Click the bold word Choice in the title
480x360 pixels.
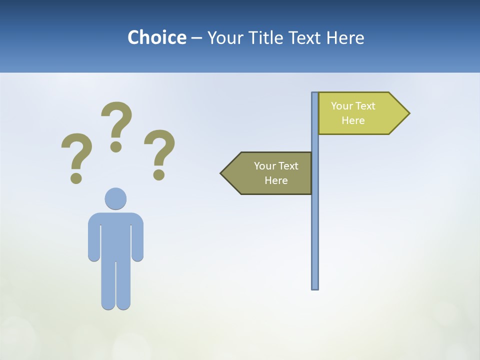[x=156, y=37]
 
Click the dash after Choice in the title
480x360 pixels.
[x=196, y=38]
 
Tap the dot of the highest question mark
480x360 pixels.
[x=116, y=146]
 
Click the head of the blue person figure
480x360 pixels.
[x=115, y=198]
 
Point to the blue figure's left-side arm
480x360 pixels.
[x=94, y=240]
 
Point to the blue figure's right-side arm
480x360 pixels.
[x=137, y=240]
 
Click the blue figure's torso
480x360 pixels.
[x=115, y=235]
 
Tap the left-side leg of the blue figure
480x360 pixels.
[x=108, y=285]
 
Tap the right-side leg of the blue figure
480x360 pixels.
[x=123, y=285]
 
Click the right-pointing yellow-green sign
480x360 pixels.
[x=360, y=113]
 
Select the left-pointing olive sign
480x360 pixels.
[x=270, y=173]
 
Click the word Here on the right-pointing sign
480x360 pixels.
[x=353, y=120]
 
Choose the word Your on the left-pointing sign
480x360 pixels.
[x=264, y=166]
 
